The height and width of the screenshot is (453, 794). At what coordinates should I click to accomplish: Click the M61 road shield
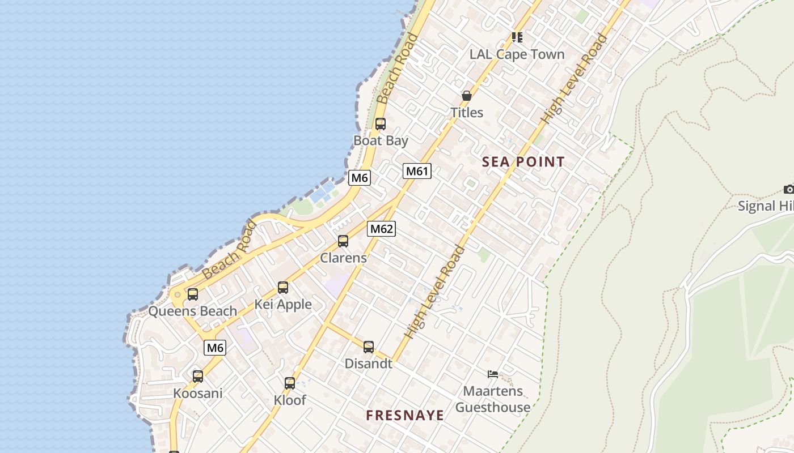coord(417,171)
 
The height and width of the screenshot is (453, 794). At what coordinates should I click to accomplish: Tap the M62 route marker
coord(381,229)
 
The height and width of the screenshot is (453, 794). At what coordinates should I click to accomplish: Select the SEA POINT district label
coord(523,162)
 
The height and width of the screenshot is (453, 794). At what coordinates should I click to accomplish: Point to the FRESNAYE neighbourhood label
coord(404,415)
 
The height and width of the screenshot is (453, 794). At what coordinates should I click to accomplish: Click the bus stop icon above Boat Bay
coord(381,123)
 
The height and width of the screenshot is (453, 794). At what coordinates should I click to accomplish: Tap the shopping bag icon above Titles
coord(466,96)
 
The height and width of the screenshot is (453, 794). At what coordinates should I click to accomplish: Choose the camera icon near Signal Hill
coord(788,189)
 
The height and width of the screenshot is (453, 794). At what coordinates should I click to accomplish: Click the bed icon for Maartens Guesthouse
coord(493,374)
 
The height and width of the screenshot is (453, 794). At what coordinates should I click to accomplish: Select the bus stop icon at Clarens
coord(343,241)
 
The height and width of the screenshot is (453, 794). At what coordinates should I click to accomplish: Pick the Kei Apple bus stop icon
coord(283,288)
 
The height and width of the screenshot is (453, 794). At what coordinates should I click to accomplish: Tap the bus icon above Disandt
coord(369,347)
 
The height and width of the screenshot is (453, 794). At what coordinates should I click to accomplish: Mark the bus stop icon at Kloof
coord(290,383)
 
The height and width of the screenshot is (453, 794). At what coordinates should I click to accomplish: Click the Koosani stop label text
coord(197,393)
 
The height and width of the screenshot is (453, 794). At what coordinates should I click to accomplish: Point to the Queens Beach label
coord(192,311)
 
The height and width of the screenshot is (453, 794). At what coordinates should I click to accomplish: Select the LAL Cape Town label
coord(517,54)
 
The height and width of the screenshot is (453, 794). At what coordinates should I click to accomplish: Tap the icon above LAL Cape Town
coord(517,37)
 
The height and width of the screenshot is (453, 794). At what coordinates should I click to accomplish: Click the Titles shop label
coord(467,112)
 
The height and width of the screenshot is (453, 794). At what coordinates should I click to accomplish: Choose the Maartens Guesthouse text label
coord(493,399)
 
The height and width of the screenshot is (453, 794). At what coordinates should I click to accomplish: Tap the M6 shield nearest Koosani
coord(215,348)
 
